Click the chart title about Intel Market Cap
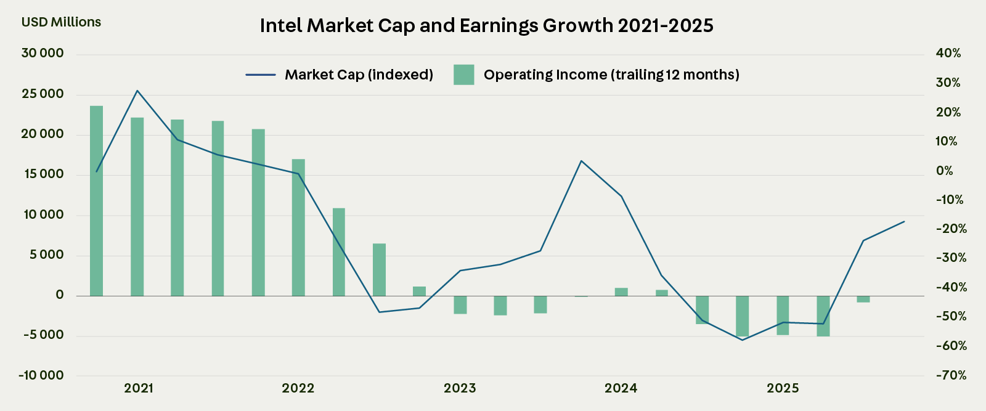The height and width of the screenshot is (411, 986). click(486, 25)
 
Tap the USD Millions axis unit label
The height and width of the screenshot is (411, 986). click(61, 22)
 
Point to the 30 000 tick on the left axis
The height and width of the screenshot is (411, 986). click(43, 54)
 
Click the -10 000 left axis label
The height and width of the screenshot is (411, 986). click(41, 375)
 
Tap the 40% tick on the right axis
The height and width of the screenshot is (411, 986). click(948, 54)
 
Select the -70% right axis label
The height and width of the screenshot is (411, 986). click(951, 375)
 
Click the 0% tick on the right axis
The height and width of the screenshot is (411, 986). click(944, 171)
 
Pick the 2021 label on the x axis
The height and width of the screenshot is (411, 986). click(139, 388)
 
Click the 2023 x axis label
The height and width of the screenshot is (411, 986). click(460, 388)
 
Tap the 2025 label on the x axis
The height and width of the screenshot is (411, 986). click(783, 388)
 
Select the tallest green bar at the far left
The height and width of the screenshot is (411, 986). click(96, 200)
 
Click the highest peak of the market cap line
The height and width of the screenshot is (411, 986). click(137, 91)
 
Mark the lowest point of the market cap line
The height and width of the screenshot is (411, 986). click(743, 340)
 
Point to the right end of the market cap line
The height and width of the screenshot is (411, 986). click(904, 221)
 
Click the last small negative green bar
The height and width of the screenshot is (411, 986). click(863, 299)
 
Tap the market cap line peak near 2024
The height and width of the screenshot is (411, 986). click(581, 161)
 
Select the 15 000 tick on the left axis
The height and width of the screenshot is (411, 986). click(43, 174)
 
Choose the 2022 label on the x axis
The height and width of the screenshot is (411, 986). click(298, 388)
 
